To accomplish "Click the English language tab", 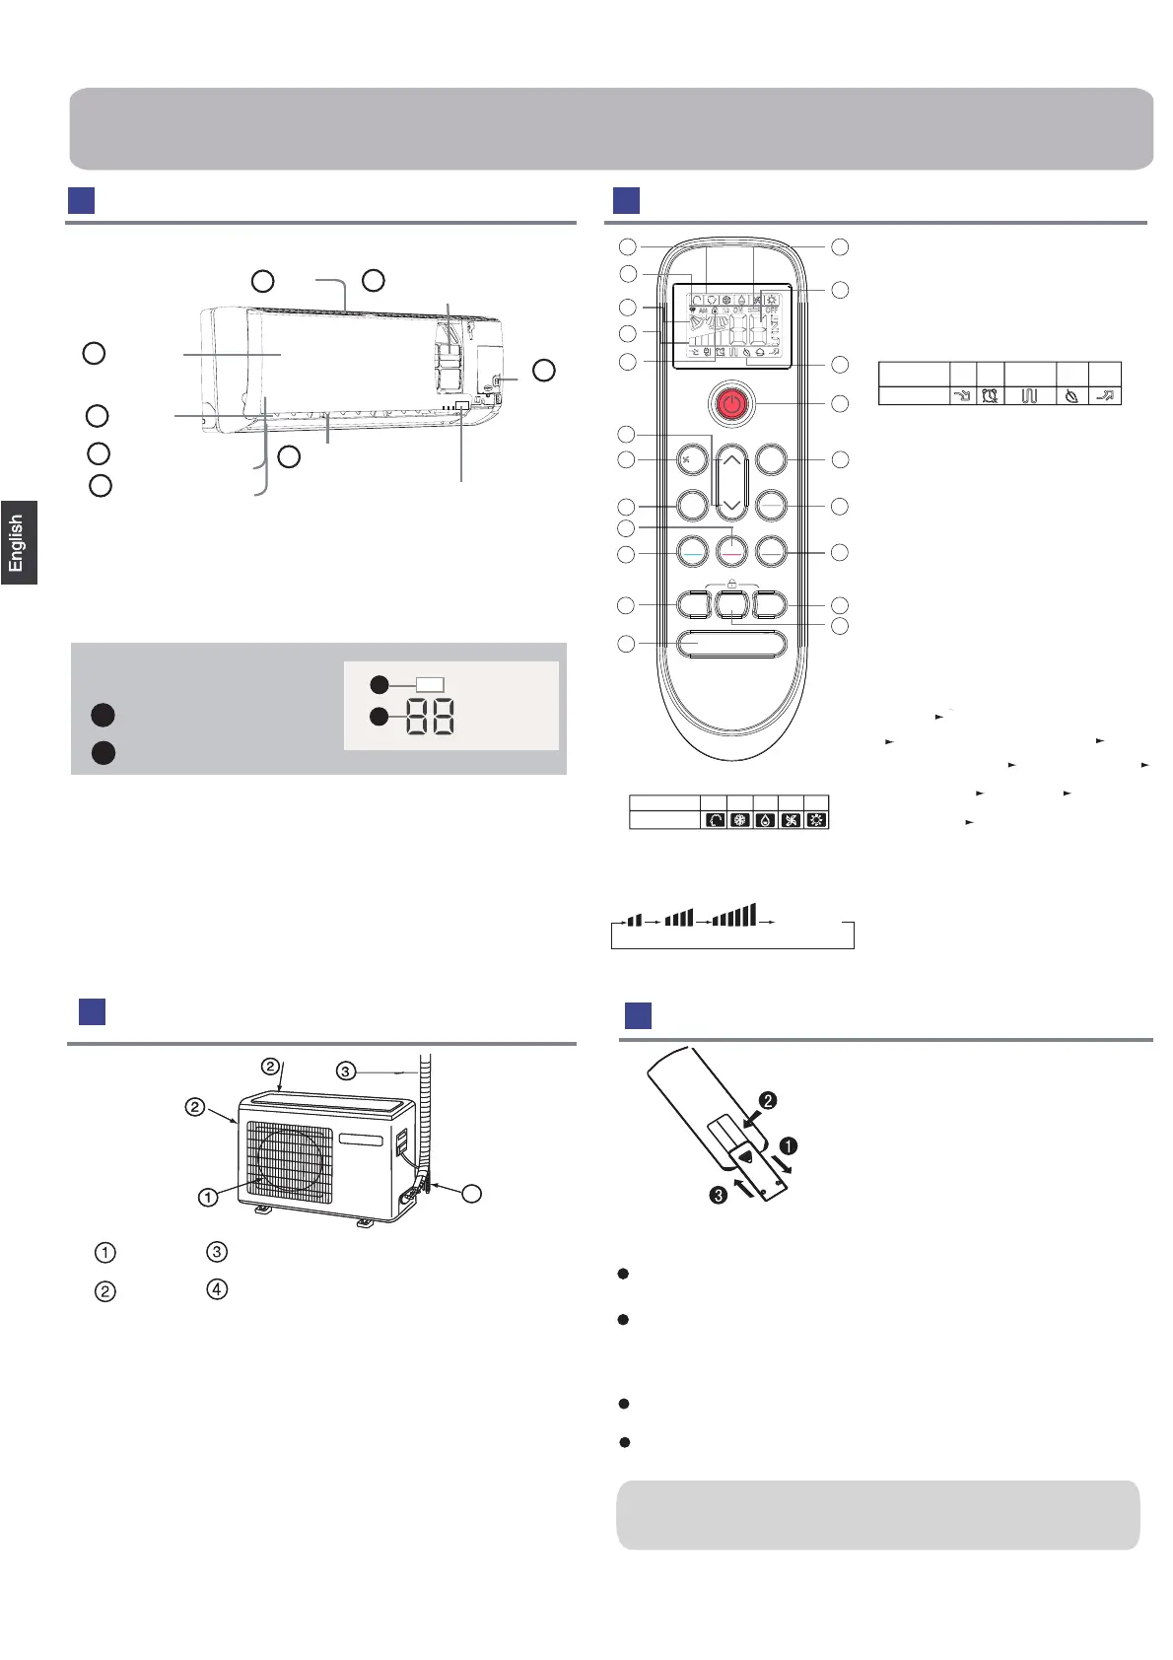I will [18, 542].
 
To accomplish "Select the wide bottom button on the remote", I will [732, 644].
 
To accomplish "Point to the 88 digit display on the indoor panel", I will [430, 719].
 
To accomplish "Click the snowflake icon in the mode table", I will [739, 819].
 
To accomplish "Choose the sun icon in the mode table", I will [816, 819].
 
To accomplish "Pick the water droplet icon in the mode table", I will [765, 819].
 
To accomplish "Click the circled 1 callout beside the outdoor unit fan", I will [207, 1198].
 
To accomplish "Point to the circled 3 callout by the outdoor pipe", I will [345, 1070].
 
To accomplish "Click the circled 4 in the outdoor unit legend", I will [217, 1289].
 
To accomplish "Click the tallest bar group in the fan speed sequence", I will [734, 915].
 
